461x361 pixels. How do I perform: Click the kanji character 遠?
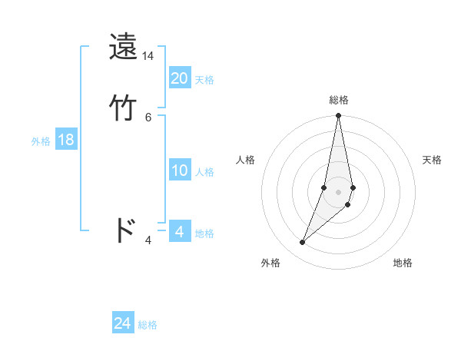pyautogui.click(x=124, y=47)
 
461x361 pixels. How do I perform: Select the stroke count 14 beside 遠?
pyautogui.click(x=148, y=56)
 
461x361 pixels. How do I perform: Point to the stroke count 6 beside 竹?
pyautogui.click(x=148, y=117)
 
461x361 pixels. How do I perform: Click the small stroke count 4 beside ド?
pyautogui.click(x=148, y=240)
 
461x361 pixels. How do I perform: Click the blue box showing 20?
pyautogui.click(x=180, y=78)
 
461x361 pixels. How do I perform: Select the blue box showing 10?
pyautogui.click(x=180, y=171)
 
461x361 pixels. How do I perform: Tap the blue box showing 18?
pyautogui.click(x=66, y=140)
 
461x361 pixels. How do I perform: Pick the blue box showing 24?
pyautogui.click(x=123, y=323)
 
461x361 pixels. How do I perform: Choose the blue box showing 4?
pyautogui.click(x=179, y=231)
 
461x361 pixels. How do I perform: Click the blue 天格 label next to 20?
pyautogui.click(x=204, y=80)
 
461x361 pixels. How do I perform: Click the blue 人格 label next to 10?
pyautogui.click(x=204, y=172)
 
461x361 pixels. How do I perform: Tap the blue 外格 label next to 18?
pyautogui.click(x=41, y=141)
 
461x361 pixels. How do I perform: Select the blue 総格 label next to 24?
pyautogui.click(x=148, y=325)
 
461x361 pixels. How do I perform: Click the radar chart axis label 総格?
pyautogui.click(x=339, y=100)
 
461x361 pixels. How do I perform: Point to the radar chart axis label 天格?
pyautogui.click(x=432, y=160)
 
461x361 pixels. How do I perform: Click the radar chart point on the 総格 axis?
pyautogui.click(x=339, y=116)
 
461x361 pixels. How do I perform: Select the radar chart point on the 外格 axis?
pyautogui.click(x=303, y=243)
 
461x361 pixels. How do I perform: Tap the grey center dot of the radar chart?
pyautogui.click(x=339, y=191)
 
